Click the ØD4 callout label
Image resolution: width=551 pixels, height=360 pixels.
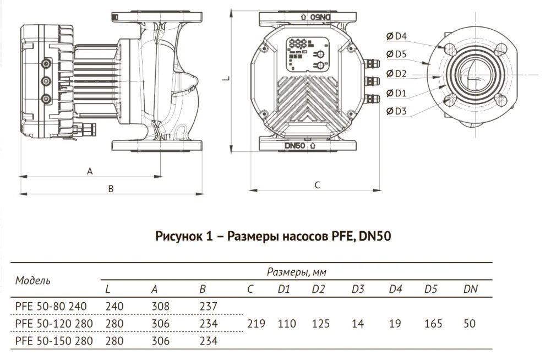[396, 36]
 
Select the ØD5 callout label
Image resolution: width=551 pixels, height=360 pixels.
[396, 54]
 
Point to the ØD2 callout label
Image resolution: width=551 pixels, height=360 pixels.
[396, 73]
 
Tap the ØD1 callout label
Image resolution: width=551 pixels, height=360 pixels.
[396, 92]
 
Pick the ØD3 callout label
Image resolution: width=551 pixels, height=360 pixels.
[396, 111]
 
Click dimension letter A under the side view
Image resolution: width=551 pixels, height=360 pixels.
[90, 171]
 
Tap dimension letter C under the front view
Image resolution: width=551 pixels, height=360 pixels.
[317, 186]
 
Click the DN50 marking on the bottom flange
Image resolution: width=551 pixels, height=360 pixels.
[296, 146]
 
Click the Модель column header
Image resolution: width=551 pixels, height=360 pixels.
[33, 280]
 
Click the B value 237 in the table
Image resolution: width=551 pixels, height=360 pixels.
[210, 306]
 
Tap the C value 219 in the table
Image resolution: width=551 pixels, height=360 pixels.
[257, 324]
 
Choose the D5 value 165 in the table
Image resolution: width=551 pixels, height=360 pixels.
[433, 324]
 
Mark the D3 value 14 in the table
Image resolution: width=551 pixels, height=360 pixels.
[358, 324]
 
